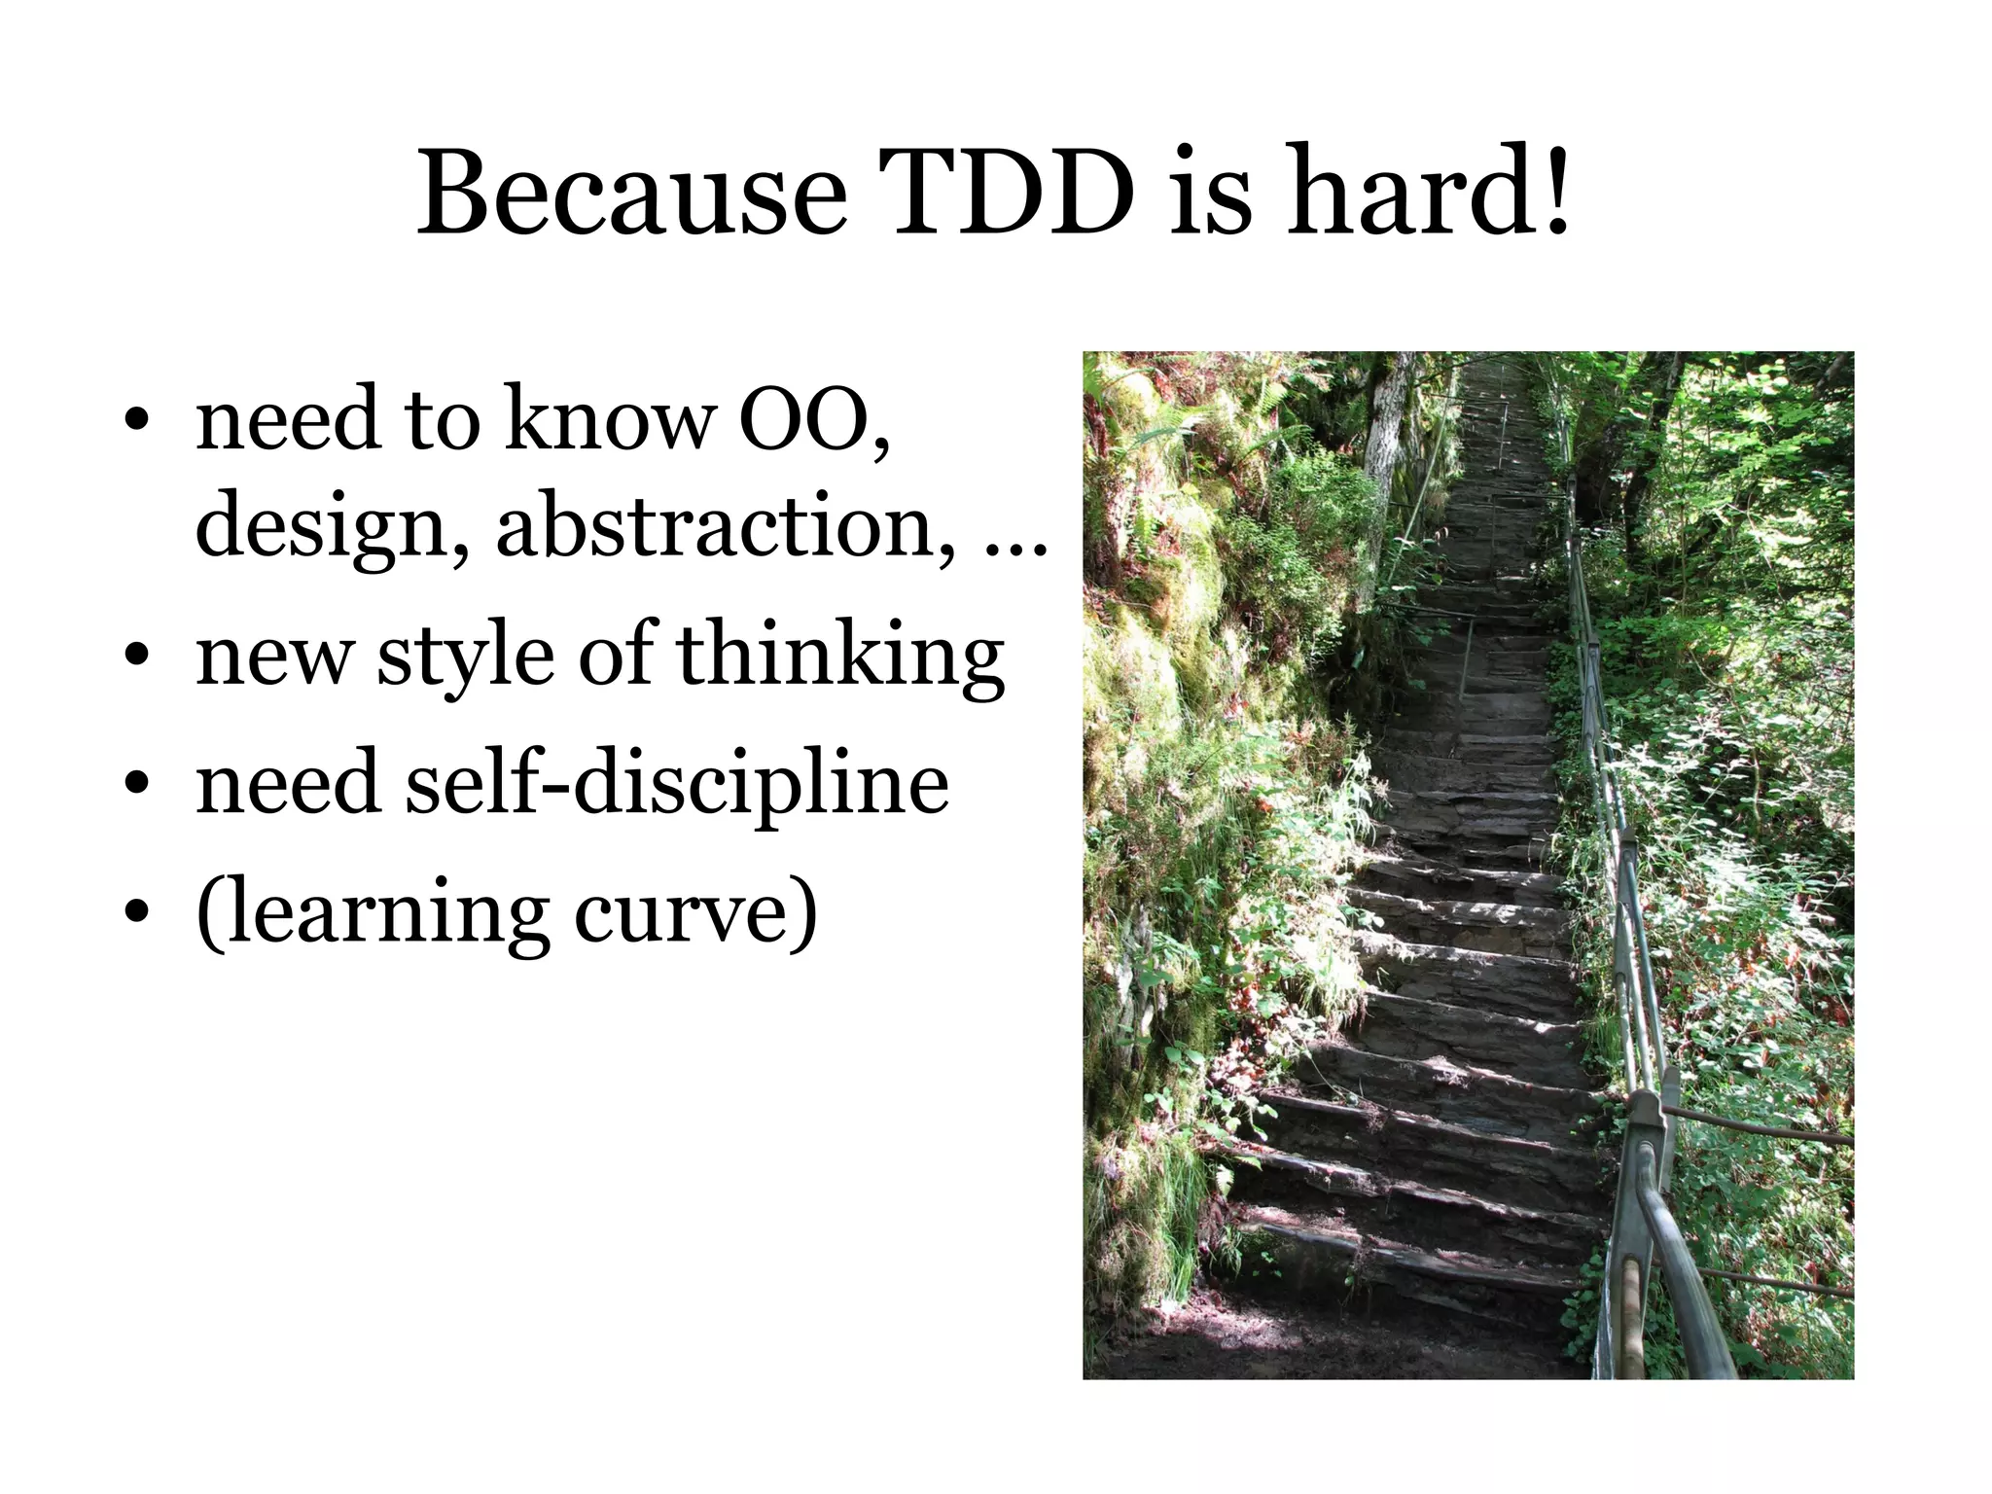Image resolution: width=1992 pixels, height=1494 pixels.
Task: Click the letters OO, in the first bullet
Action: click(814, 420)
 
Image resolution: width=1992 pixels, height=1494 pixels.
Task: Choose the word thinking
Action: click(840, 657)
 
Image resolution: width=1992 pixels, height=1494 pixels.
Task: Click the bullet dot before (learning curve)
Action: click(137, 915)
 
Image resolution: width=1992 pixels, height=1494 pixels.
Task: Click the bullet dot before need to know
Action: click(137, 421)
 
